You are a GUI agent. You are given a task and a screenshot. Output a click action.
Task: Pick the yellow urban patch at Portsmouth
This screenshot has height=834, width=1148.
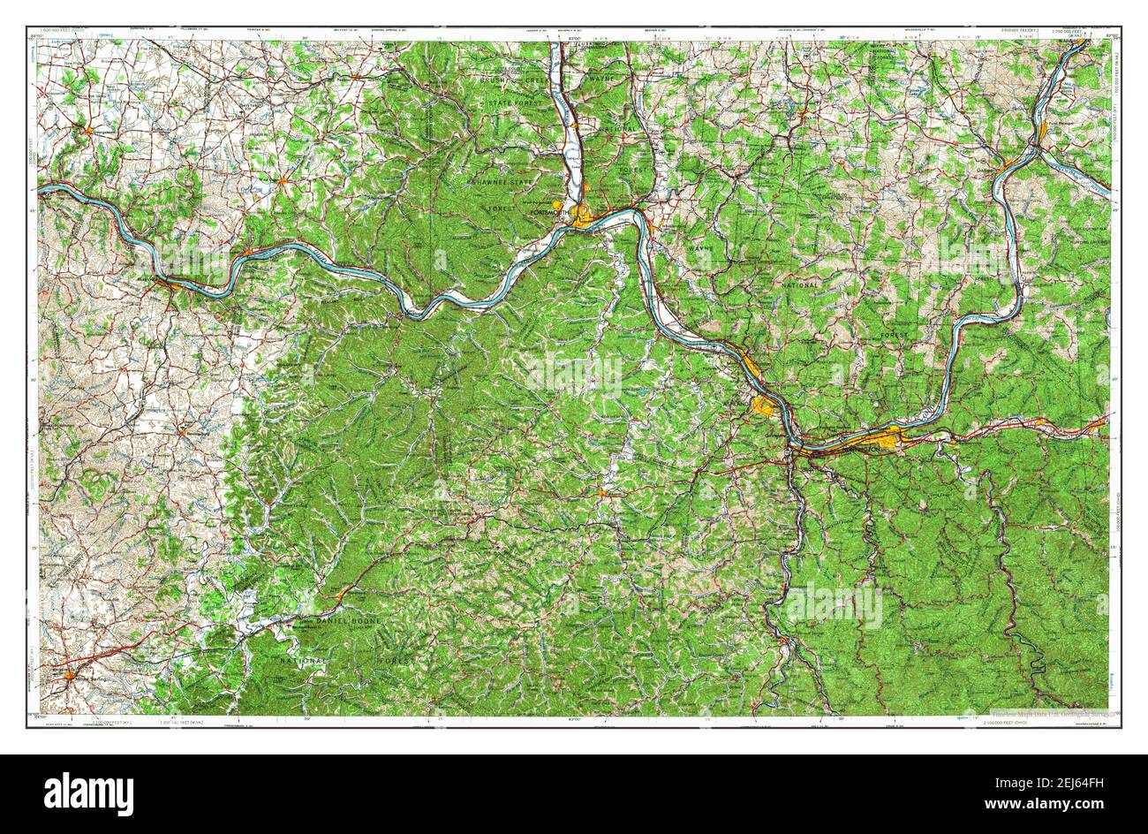coord(584,215)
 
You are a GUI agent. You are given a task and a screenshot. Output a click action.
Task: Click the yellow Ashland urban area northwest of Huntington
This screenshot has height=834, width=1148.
coord(764,406)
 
